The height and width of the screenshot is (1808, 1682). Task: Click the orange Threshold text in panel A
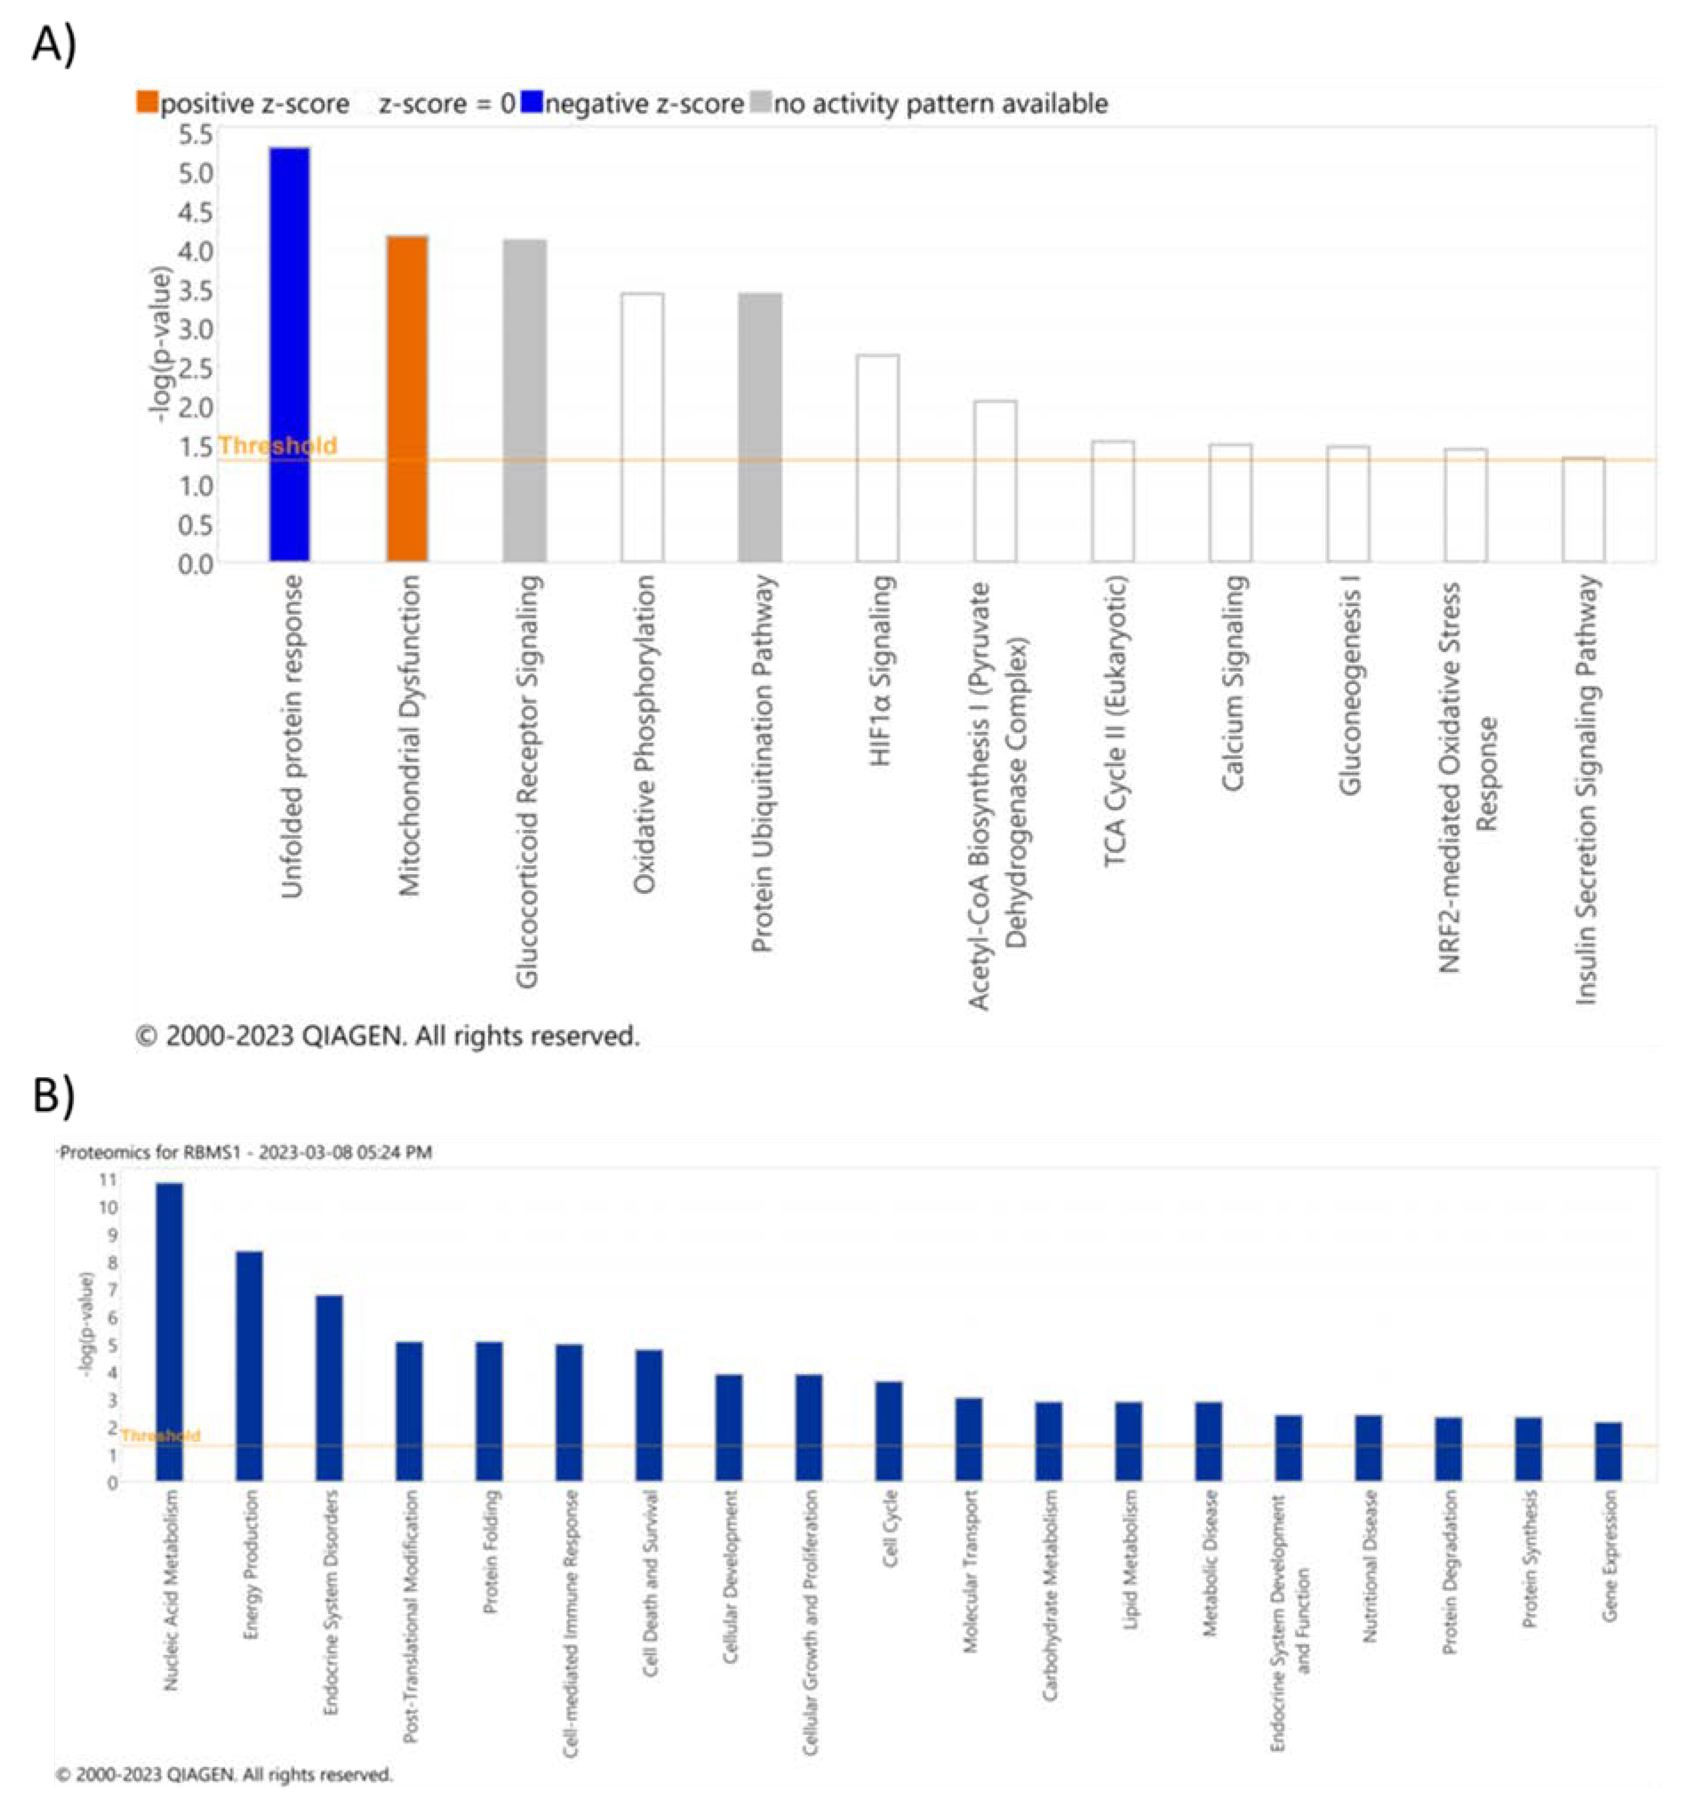[x=278, y=446]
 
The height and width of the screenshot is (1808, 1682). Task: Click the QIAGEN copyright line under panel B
[x=225, y=1773]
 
